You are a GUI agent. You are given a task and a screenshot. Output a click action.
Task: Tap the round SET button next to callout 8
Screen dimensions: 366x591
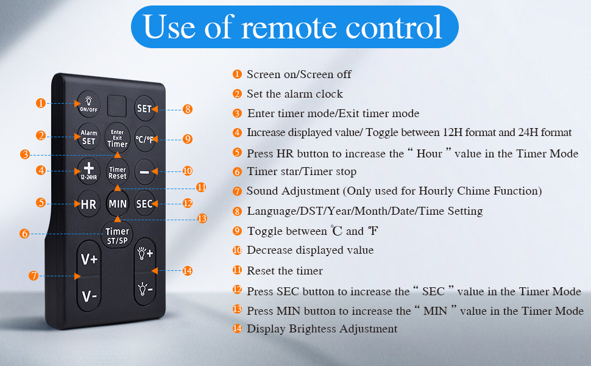pos(144,109)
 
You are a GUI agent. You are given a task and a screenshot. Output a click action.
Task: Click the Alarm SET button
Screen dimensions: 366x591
pos(89,138)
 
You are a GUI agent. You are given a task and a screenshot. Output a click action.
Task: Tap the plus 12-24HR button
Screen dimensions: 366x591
pos(89,170)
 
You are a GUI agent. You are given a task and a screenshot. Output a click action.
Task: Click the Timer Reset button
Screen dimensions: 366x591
pos(117,173)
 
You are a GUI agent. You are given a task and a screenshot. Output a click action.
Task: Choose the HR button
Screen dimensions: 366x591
pos(89,204)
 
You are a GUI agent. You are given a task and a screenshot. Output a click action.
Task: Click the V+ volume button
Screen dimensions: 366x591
pos(90,259)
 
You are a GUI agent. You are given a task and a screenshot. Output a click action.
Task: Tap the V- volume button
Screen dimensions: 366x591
pos(90,296)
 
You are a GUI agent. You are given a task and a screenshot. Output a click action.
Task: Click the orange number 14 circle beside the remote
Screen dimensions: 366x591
pos(187,270)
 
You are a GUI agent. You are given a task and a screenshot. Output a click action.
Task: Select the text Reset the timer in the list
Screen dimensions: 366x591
pos(285,270)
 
